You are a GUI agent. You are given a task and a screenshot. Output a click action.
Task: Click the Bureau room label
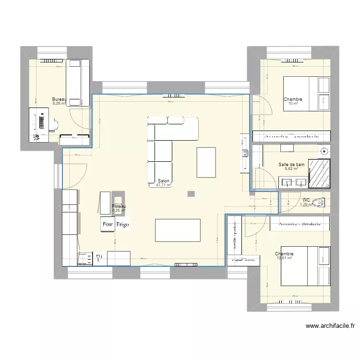[x=59, y=99]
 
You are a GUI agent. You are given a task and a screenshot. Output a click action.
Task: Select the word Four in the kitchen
[x=108, y=224]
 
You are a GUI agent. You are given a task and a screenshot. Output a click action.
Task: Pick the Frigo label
[x=122, y=224]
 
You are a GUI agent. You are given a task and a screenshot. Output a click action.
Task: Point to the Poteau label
[x=119, y=206]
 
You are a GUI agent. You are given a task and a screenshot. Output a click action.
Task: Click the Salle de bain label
[x=291, y=165]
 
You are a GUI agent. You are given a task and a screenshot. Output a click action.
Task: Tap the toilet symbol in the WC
[x=318, y=201]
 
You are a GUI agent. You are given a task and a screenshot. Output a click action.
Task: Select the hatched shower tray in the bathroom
[x=319, y=173]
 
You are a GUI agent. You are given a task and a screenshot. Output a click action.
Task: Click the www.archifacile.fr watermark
[x=330, y=326]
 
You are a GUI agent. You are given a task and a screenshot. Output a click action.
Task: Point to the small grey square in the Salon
[x=192, y=193]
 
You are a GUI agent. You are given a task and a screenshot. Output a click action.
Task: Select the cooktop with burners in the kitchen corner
[x=85, y=259]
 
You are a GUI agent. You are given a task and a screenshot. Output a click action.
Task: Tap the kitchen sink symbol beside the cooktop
[x=99, y=258]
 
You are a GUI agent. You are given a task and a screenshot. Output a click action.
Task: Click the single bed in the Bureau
[x=78, y=82]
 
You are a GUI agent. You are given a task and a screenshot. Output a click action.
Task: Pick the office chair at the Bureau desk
[x=54, y=124]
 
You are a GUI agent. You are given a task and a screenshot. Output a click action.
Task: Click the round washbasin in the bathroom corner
[x=324, y=152]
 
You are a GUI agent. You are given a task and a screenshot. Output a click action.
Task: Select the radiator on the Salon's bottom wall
[x=186, y=264]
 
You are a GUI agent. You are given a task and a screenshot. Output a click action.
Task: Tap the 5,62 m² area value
[x=291, y=169]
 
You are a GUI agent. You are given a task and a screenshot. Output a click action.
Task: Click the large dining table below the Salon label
[x=178, y=230]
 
